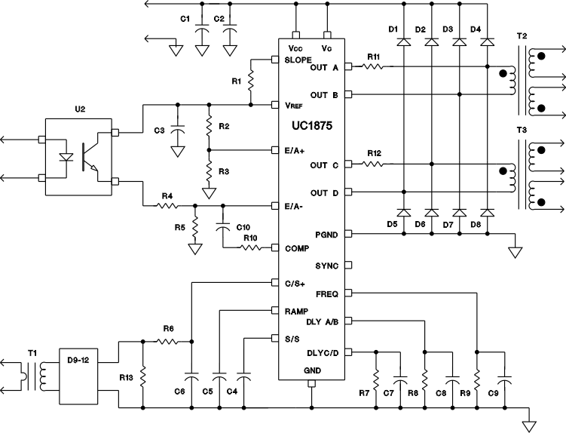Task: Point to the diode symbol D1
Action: tap(403, 42)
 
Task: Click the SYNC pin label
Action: tap(328, 266)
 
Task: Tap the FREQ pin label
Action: tap(328, 293)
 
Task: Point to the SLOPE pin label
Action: tap(300, 59)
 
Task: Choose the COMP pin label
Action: tap(298, 247)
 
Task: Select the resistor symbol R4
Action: tap(167, 205)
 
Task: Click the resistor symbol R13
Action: tap(142, 375)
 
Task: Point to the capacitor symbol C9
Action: tap(504, 375)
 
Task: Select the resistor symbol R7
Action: tap(375, 375)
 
